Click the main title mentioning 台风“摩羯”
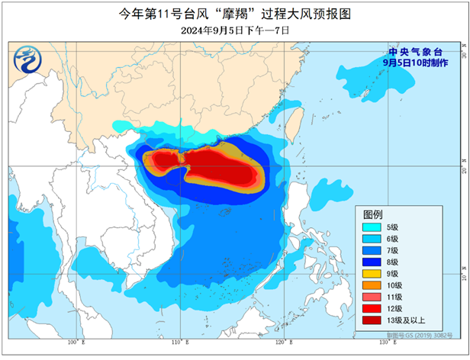pos(234,12)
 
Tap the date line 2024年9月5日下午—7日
pos(235,30)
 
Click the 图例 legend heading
pos(373,214)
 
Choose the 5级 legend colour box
pos(376,227)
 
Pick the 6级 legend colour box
pos(376,239)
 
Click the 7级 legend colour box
pos(376,251)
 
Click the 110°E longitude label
pos(177,342)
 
